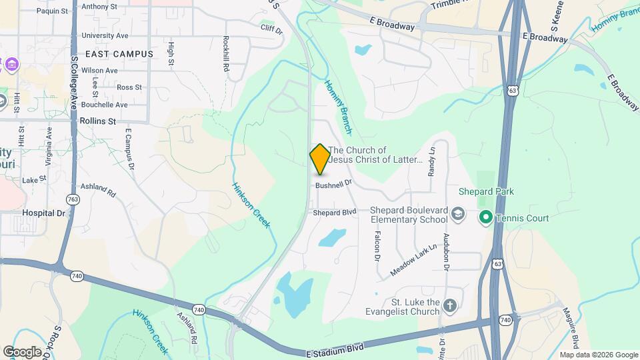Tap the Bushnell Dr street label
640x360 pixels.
tap(333, 185)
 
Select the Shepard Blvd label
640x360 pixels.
tap(335, 212)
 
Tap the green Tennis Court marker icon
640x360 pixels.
tap(487, 217)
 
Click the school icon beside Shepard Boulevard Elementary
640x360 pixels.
tap(457, 214)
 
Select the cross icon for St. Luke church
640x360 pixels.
tap(450, 307)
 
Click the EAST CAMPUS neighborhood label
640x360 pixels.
tap(119, 53)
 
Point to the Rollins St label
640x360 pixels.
tap(97, 121)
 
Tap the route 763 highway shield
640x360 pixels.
tap(72, 199)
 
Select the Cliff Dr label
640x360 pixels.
tap(272, 30)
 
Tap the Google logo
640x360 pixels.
tap(22, 351)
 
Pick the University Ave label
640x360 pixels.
tap(105, 35)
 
